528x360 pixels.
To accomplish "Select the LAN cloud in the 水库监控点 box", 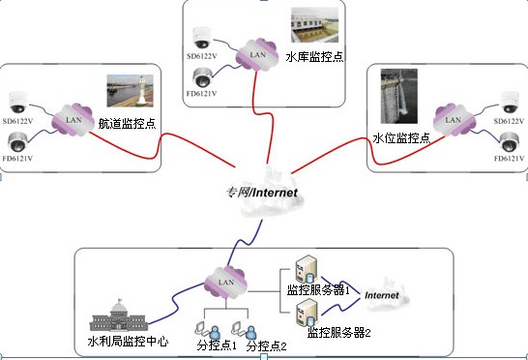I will coord(256,54).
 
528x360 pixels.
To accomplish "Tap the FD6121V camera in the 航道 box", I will coord(18,142).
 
